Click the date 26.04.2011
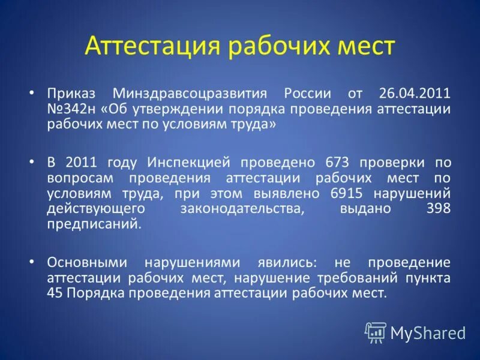click(x=415, y=94)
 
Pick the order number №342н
click(x=71, y=109)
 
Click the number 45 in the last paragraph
click(x=54, y=293)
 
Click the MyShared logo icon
click(x=376, y=332)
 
